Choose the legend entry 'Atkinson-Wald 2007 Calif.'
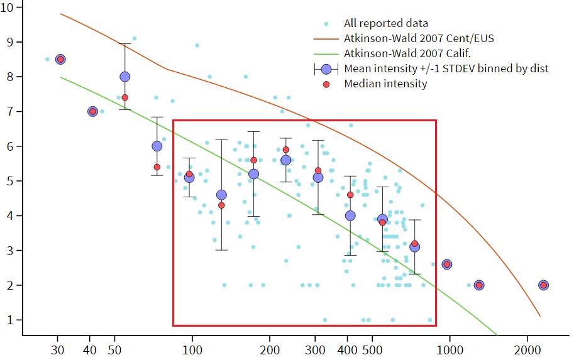click(x=407, y=53)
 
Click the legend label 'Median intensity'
click(x=385, y=84)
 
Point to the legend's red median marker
click(x=326, y=84)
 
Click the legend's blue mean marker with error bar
click(x=326, y=68)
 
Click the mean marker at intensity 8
click(x=125, y=77)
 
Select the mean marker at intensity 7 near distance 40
click(x=92, y=111)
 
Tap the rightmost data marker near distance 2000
click(x=543, y=285)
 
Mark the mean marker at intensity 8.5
click(x=60, y=59)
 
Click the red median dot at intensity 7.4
click(x=125, y=97)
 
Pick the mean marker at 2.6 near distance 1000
click(x=447, y=264)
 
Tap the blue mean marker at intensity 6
click(x=157, y=146)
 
